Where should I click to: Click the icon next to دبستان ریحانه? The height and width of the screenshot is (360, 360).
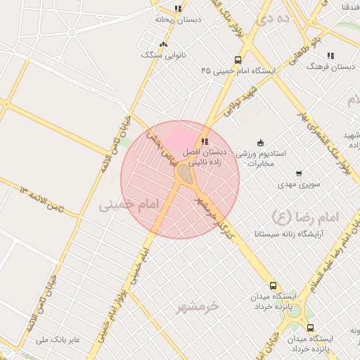click(178, 9)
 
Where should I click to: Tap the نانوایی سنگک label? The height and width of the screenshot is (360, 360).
click(160, 55)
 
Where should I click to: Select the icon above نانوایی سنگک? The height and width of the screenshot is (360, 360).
click(163, 44)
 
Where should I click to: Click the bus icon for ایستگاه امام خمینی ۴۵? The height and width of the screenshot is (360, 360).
click(238, 60)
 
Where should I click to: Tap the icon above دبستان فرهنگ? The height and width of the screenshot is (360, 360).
click(330, 56)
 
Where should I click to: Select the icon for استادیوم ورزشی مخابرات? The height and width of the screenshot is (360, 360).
click(261, 141)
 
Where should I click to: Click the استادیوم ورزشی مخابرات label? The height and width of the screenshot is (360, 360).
click(260, 157)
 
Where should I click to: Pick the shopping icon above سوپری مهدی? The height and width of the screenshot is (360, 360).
click(299, 173)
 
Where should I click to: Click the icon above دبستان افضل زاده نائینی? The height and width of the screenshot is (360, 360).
click(205, 141)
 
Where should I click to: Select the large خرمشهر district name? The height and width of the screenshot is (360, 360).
click(198, 307)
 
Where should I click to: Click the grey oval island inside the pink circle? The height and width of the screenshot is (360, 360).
click(184, 172)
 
